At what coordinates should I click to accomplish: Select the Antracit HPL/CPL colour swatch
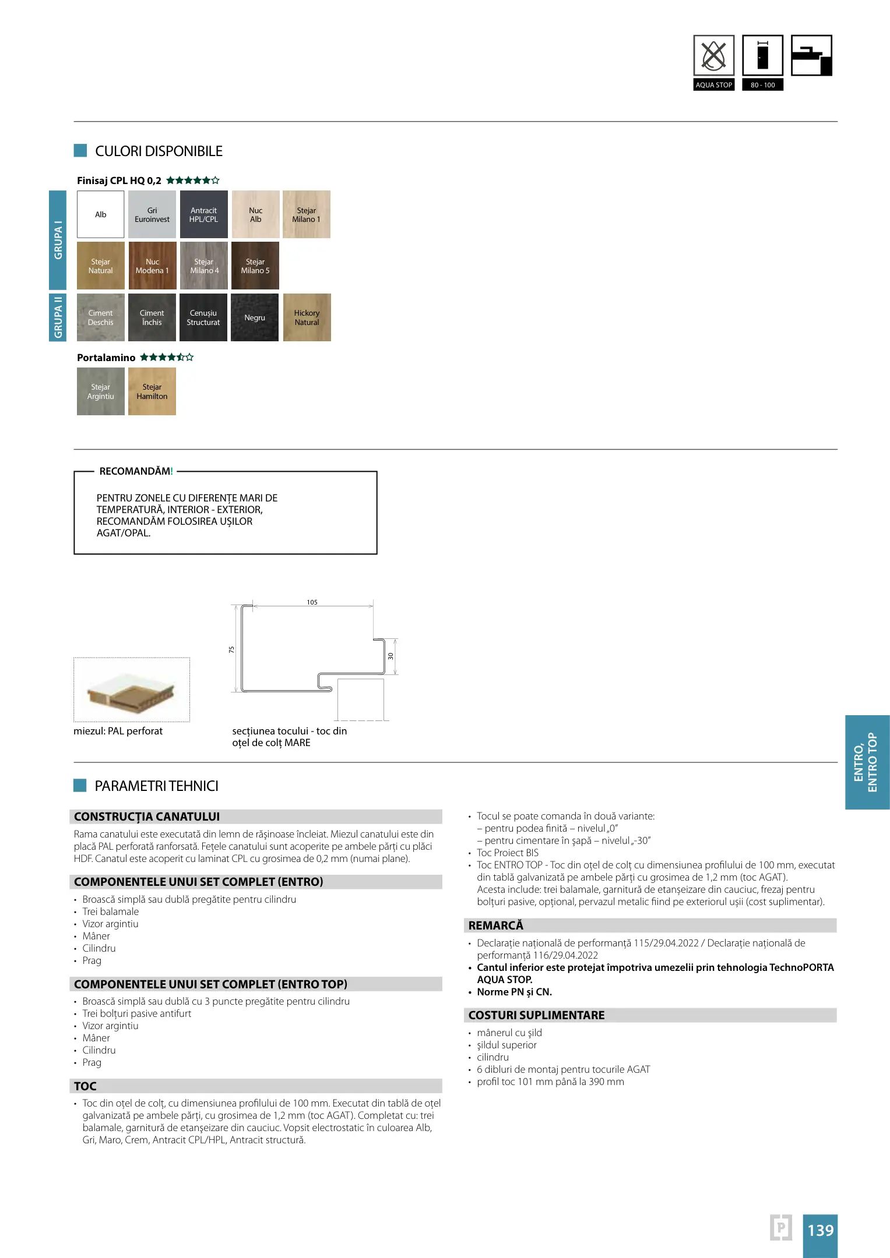pos(203,214)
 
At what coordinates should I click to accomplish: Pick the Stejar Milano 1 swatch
pos(307,214)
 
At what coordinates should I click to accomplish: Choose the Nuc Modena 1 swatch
pos(152,266)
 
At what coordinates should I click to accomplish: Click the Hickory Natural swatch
pos(307,317)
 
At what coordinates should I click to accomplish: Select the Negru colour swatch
pos(255,317)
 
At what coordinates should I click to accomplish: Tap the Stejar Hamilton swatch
pos(152,391)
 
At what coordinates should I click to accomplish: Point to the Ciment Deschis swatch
pos(100,317)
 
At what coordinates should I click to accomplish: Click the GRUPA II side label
pos(58,317)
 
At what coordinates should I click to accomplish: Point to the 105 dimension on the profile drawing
pos(312,602)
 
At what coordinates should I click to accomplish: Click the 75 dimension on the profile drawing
pos(231,649)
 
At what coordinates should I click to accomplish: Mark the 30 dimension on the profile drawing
pos(391,656)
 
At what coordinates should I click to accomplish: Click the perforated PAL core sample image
pos(131,690)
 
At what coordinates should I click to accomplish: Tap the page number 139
pos(820,1230)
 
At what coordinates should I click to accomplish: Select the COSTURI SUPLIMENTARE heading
pos(536,1015)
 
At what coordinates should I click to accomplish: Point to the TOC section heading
pos(86,1086)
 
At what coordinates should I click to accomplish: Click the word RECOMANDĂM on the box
pos(135,471)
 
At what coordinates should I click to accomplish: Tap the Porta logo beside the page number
pos(781,1228)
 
